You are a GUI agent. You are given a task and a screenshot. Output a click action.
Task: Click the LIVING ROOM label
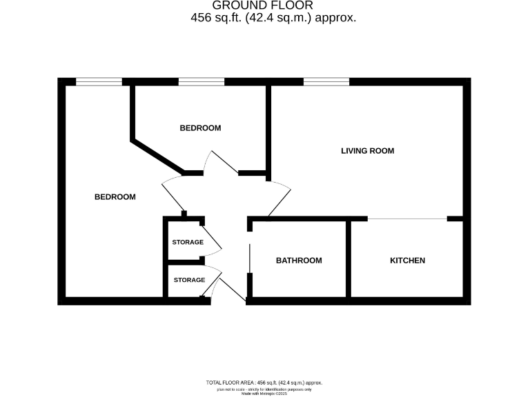point(367,150)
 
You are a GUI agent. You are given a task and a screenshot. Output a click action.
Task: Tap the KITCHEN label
point(407,261)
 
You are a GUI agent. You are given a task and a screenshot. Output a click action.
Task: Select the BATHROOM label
point(299,261)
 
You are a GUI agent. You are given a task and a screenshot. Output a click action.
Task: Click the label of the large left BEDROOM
point(115,197)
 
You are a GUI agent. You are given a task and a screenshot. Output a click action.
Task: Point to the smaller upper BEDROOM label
point(200,128)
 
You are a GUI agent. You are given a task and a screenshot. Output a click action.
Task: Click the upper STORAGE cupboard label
point(188,243)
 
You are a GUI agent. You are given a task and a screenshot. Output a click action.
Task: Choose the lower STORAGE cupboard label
point(189,280)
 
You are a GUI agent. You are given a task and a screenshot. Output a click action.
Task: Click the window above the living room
point(326,82)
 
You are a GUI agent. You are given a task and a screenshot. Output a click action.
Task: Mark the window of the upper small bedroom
point(201,82)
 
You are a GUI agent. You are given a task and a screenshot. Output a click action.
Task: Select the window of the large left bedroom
point(99,82)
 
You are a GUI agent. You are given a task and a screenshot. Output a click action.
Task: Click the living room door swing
point(279,198)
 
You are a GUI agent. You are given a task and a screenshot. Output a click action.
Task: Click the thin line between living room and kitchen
point(407,219)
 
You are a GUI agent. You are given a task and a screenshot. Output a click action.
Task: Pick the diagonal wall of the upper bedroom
point(157,156)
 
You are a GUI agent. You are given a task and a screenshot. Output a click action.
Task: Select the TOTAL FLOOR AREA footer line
point(264,382)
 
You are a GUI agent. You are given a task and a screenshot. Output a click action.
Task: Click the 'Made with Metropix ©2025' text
point(264,393)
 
